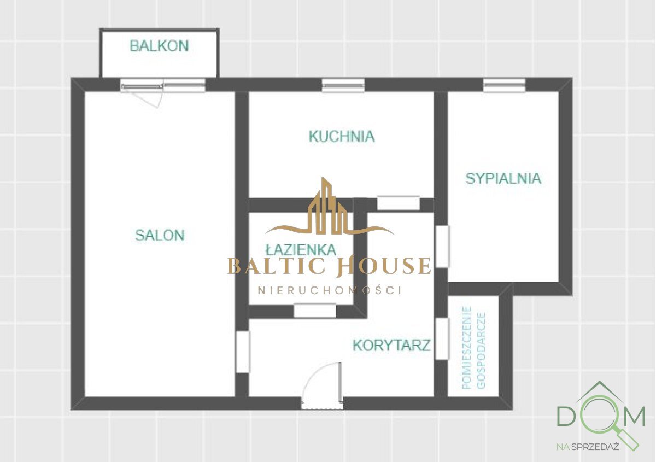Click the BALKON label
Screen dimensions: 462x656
coord(159,46)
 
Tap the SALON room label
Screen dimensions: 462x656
coord(160,236)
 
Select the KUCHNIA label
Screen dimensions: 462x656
coord(342,136)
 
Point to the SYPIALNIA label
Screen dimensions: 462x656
coord(503,179)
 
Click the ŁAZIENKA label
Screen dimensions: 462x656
coord(301,250)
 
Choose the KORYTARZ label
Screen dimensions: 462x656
coord(391,346)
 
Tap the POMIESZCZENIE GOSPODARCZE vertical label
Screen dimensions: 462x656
coord(473,347)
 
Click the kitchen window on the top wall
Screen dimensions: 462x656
coord(343,85)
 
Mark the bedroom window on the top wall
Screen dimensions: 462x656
coord(504,85)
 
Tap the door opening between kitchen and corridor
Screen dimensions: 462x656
coord(398,203)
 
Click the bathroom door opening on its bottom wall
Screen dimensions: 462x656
coord(315,311)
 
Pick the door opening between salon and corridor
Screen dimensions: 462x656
coord(242,352)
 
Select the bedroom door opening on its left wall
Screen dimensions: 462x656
coord(442,246)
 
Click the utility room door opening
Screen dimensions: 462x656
coord(442,339)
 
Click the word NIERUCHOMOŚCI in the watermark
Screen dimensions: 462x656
coord(330,290)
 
